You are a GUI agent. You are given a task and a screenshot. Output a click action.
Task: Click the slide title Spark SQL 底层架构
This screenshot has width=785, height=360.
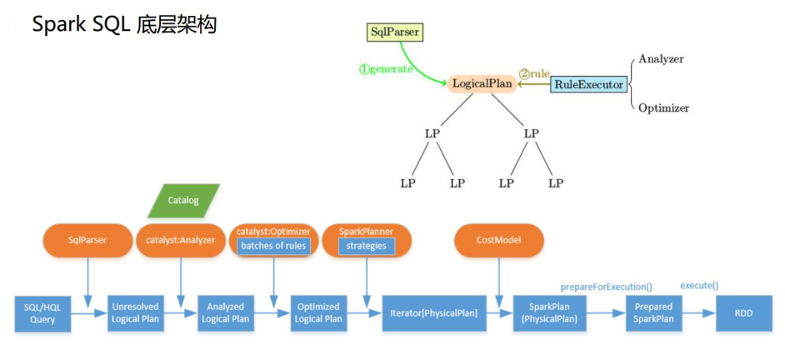pos(124,25)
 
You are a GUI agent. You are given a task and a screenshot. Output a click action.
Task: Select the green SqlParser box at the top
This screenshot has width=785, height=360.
pos(395,32)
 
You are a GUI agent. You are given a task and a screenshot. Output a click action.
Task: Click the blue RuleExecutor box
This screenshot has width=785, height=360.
pos(588,84)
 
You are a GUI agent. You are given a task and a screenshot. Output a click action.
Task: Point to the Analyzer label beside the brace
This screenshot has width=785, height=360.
pos(661,59)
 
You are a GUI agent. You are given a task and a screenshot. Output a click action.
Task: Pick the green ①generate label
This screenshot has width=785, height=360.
pos(385,69)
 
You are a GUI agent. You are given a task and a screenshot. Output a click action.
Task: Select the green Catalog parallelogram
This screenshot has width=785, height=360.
pos(183,201)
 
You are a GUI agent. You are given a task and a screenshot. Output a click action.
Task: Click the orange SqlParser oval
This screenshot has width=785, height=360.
pos(87,240)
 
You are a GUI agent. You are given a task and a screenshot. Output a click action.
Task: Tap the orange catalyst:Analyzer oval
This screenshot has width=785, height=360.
pos(181,240)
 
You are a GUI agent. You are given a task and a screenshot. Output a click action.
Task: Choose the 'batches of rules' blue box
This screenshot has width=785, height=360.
pos(273,246)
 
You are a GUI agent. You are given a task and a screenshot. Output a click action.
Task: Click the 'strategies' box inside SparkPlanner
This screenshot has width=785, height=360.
pos(367,246)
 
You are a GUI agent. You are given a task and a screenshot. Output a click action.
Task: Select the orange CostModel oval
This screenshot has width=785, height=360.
pos(498,240)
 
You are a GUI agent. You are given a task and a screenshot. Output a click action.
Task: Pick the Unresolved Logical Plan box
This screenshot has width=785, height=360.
pos(135,312)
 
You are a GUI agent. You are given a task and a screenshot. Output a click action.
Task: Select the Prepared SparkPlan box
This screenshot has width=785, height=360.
pos(653,312)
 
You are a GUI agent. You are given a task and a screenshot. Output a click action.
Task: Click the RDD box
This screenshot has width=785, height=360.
pos(743,312)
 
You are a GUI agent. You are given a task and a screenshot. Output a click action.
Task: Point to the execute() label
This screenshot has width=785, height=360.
pos(699,286)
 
